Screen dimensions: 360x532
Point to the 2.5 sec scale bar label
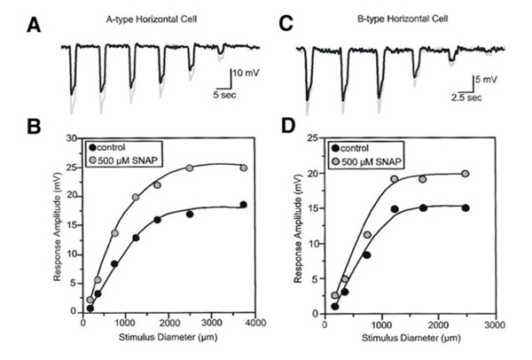[465, 98]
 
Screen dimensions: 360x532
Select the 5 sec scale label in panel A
[224, 91]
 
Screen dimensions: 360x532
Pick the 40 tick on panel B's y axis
[68, 138]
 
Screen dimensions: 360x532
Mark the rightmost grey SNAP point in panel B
[243, 168]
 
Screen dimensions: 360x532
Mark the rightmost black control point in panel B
[243, 205]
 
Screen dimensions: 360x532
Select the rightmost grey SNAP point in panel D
[465, 174]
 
